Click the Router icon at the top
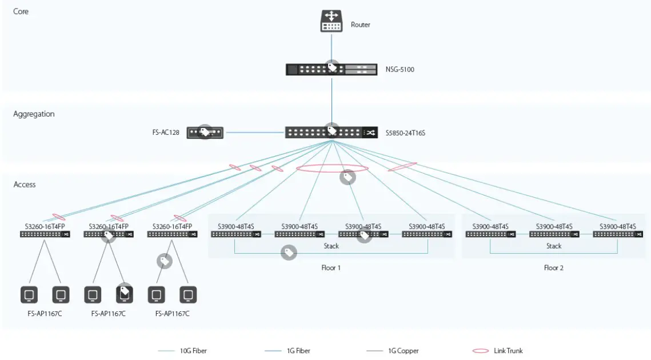click(332, 21)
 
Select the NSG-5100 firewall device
click(332, 70)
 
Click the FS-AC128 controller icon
click(205, 133)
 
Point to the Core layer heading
click(21, 11)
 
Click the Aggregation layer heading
click(34, 114)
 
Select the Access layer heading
click(25, 185)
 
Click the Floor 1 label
click(331, 267)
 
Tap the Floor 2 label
click(553, 267)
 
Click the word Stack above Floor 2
click(553, 246)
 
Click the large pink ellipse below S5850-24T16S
click(332, 168)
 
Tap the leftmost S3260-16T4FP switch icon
click(45, 234)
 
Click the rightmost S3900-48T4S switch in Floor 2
click(617, 234)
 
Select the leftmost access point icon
click(29, 295)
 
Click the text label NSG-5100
click(400, 70)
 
